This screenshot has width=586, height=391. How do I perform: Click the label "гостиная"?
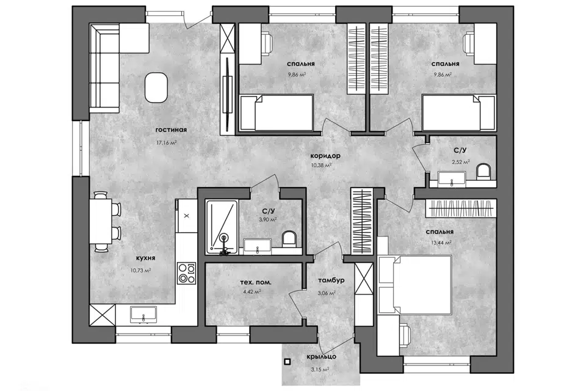[x=171, y=130]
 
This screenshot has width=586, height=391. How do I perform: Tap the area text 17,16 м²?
[x=166, y=142]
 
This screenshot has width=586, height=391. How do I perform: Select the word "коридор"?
[x=325, y=156]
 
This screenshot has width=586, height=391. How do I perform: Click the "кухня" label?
[x=145, y=258]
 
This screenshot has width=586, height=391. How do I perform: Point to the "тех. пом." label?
[x=256, y=282]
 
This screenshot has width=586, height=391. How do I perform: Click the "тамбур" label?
[x=331, y=280]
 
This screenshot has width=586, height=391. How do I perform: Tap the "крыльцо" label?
[x=322, y=357]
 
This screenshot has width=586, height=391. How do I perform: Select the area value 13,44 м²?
[x=441, y=243]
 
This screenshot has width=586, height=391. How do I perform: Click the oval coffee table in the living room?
[x=156, y=87]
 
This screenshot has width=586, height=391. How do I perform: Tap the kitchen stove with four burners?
[x=187, y=274]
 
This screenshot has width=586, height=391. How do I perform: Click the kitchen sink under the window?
[x=143, y=314]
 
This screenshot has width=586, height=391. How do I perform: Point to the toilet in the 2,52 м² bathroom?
[x=483, y=171]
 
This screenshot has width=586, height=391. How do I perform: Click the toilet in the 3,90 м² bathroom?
[x=289, y=239]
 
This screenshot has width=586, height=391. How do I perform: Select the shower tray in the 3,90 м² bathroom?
[x=222, y=227]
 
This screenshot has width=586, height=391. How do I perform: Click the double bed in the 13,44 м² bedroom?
[x=415, y=284]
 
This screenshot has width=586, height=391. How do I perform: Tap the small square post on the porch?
[x=288, y=362]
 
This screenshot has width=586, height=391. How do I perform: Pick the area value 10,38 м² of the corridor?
[x=321, y=165]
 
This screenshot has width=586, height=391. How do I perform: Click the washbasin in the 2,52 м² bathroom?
[x=452, y=179]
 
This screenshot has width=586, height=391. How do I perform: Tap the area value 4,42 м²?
[x=252, y=292]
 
